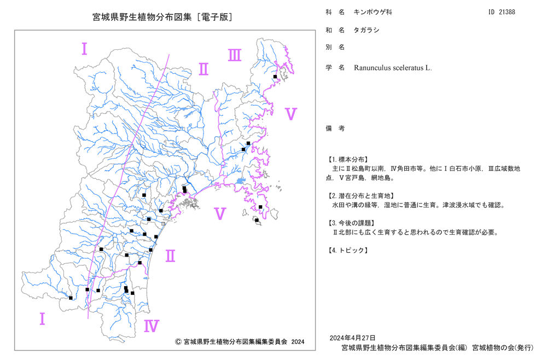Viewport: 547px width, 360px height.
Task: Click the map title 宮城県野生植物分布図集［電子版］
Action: [x=162, y=17]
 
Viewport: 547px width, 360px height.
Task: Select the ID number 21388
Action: [x=507, y=12]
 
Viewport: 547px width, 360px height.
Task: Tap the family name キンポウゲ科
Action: [x=373, y=12]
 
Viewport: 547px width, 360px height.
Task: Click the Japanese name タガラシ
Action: [x=366, y=30]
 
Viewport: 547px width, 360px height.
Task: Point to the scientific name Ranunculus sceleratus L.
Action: [x=393, y=68]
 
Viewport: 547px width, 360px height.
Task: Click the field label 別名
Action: [x=335, y=47]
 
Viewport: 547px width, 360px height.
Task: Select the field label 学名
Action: [x=335, y=68]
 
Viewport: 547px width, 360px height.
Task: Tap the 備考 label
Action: [x=335, y=129]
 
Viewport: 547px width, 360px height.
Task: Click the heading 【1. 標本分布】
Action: [x=347, y=159]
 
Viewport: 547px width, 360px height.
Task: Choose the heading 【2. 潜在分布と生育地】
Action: [x=360, y=196]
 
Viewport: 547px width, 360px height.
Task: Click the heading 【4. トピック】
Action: [x=347, y=250]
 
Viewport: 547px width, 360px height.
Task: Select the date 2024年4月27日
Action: [x=353, y=338]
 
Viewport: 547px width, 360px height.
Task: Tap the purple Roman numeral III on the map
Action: [x=235, y=55]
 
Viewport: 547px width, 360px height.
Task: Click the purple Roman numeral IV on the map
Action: [x=152, y=326]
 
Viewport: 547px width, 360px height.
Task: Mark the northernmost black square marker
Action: [x=275, y=77]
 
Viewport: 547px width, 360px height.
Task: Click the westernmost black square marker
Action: [x=71, y=298]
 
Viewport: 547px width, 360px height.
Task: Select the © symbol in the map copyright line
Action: [x=178, y=341]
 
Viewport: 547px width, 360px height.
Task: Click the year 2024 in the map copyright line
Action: [x=298, y=342]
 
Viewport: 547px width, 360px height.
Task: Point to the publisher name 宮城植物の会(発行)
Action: [x=503, y=348]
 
